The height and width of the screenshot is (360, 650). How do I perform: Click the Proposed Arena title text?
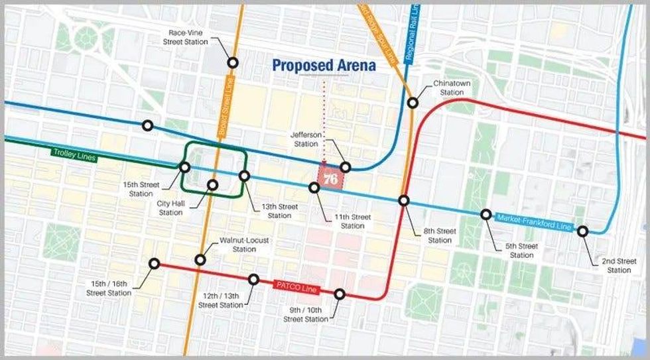[x=324, y=66]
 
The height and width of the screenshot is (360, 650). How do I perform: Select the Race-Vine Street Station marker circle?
[x=233, y=63]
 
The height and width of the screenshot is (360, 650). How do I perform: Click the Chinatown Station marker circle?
[x=413, y=102]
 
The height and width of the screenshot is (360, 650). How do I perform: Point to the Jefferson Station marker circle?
[x=345, y=167]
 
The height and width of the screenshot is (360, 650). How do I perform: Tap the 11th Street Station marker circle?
[x=314, y=188]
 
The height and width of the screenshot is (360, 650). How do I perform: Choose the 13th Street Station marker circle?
[x=244, y=176]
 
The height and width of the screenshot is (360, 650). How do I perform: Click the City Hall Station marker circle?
[x=213, y=185]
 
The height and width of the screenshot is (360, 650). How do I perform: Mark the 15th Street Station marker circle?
[x=186, y=167]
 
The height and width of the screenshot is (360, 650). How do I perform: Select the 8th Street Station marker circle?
[x=404, y=200]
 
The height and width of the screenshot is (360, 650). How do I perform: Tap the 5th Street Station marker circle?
[x=486, y=214]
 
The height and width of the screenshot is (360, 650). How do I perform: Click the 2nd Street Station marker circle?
[x=582, y=231]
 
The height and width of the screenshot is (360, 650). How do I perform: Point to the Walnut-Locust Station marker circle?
[x=200, y=259]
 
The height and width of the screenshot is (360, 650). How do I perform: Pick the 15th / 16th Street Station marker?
[x=155, y=263]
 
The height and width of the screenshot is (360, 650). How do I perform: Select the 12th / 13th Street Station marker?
[x=253, y=279]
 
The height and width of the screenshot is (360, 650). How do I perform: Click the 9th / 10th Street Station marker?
[x=340, y=294]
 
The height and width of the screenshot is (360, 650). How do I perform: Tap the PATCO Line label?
[x=296, y=287]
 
